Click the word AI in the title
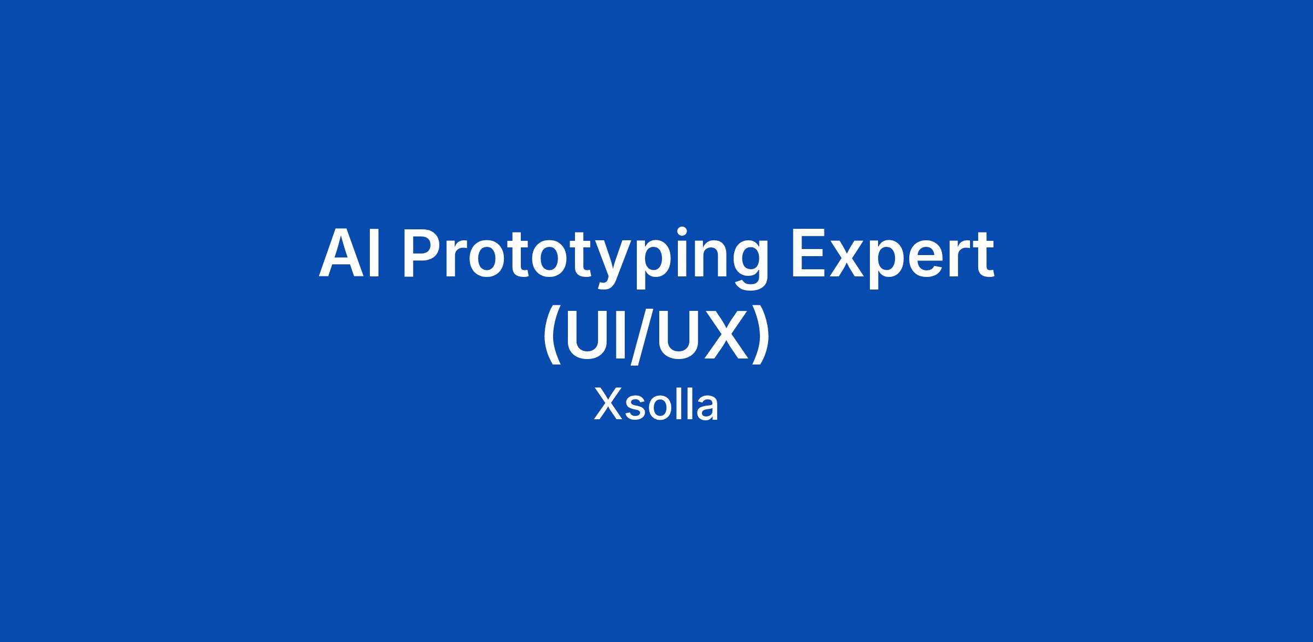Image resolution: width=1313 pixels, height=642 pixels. tap(350, 254)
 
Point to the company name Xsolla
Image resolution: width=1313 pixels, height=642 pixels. tap(656, 404)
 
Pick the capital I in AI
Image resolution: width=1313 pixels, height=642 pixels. tap(375, 254)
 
